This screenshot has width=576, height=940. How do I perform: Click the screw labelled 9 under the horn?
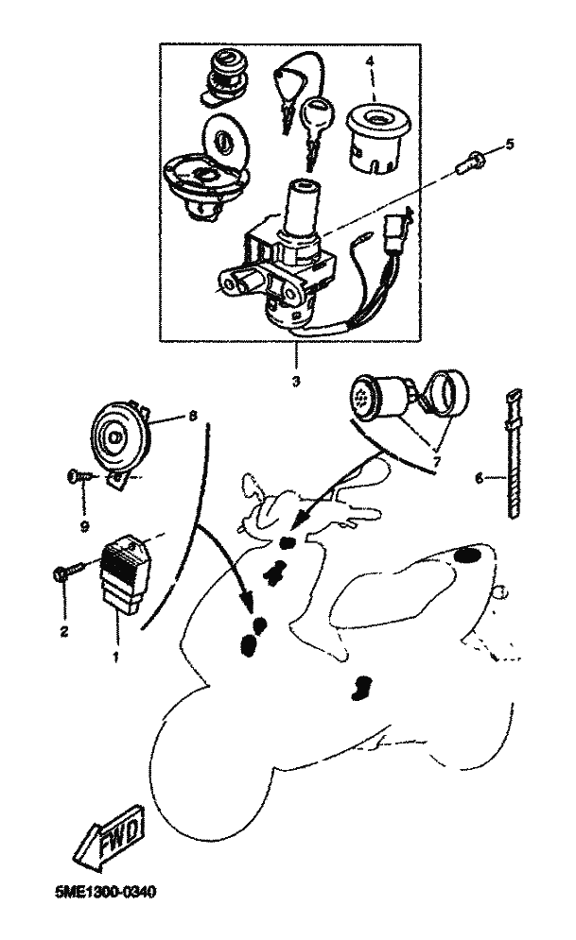pos(79,478)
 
